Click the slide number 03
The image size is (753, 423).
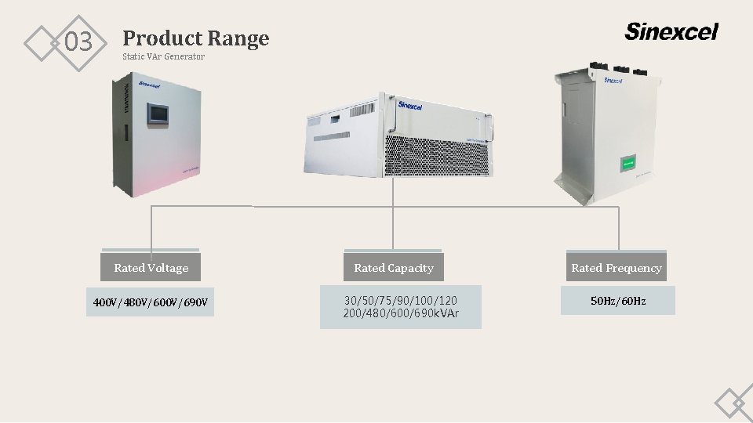(x=78, y=42)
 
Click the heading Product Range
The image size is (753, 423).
(x=195, y=38)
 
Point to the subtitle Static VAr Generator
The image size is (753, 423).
(x=163, y=56)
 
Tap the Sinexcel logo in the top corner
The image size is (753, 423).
(x=671, y=31)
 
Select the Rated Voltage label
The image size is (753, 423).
(x=151, y=268)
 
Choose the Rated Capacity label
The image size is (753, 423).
(x=393, y=268)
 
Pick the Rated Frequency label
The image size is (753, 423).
(x=616, y=268)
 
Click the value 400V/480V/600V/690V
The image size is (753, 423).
(x=151, y=302)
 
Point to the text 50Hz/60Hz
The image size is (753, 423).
(x=617, y=301)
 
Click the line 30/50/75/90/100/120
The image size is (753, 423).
(x=400, y=300)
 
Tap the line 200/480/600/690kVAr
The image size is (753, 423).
(x=400, y=313)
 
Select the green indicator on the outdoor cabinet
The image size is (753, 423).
(x=628, y=164)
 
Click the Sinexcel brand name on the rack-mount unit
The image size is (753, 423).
(x=410, y=105)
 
